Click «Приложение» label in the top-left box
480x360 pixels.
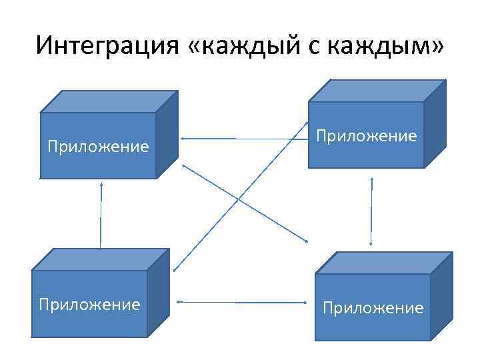(x=98, y=146)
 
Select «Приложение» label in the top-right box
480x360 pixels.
(x=367, y=136)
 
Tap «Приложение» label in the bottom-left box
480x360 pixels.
(x=89, y=305)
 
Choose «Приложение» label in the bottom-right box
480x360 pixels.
(x=373, y=307)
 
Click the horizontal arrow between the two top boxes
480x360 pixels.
(x=240, y=138)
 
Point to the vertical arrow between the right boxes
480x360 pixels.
(x=371, y=211)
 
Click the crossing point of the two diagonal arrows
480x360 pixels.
(x=238, y=199)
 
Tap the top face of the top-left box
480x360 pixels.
(x=109, y=101)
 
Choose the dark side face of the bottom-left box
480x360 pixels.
(x=158, y=293)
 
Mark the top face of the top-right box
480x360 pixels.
(x=377, y=91)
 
